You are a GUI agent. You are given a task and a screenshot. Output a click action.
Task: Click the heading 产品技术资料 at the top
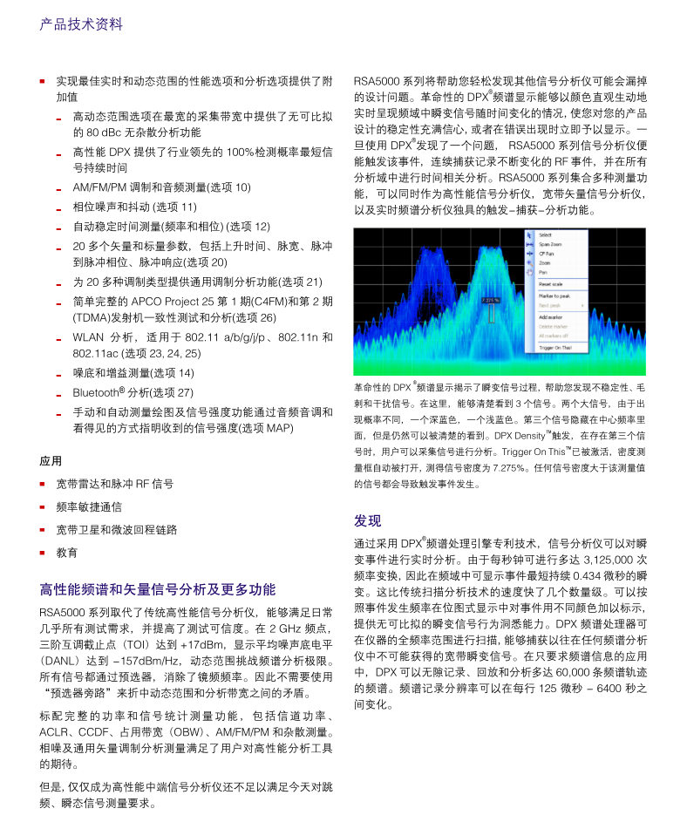pyautogui.click(x=81, y=24)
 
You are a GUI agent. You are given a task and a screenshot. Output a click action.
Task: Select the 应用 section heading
pyautogui.click(x=51, y=460)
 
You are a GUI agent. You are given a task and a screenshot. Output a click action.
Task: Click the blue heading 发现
pyautogui.click(x=367, y=521)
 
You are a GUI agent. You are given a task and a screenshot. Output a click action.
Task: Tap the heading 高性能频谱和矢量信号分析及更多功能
pyautogui.click(x=158, y=589)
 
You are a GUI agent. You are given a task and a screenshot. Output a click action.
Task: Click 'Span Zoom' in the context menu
pyautogui.click(x=551, y=245)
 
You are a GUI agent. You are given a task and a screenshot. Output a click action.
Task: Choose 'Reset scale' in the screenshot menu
pyautogui.click(x=551, y=284)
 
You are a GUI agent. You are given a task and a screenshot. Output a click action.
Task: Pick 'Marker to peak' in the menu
pyautogui.click(x=554, y=296)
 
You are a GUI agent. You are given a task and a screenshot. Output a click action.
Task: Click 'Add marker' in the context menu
pyautogui.click(x=551, y=316)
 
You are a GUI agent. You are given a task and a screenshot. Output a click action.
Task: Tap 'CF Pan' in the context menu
pyautogui.click(x=548, y=254)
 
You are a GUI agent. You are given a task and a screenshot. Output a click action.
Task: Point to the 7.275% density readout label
pyautogui.click(x=491, y=300)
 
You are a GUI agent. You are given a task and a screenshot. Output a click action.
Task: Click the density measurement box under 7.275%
pyautogui.click(x=491, y=313)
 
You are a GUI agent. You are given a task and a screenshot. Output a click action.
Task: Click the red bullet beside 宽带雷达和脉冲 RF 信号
pyautogui.click(x=42, y=483)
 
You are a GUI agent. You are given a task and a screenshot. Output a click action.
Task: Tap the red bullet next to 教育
pyautogui.click(x=42, y=552)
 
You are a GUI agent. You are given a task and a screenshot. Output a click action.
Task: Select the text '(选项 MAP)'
pyautogui.click(x=268, y=428)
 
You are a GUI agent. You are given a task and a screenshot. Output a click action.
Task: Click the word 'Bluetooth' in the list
pyautogui.click(x=95, y=392)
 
